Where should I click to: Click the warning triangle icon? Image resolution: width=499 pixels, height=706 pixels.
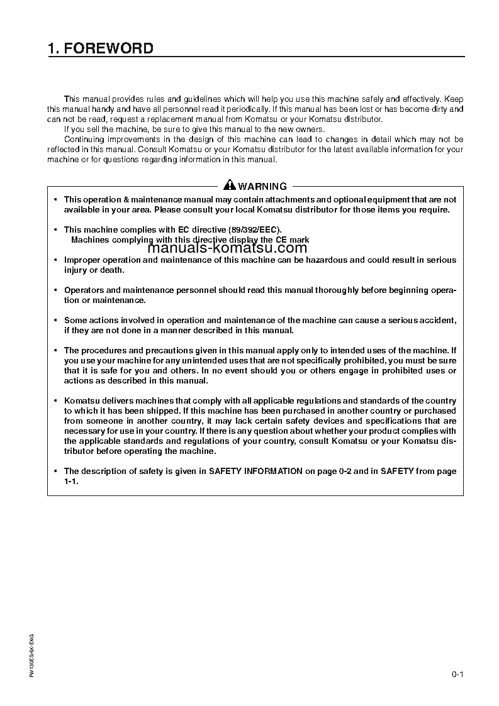230,185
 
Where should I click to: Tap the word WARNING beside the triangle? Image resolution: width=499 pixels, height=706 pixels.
262,186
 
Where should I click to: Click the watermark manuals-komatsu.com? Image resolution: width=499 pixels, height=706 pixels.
227,248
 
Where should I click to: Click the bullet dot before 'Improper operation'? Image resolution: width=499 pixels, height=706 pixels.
55,260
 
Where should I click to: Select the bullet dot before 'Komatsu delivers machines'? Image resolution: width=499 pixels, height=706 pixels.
55,400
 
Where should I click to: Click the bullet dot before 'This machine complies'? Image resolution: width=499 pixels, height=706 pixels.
55,229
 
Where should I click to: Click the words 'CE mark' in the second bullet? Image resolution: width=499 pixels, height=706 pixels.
292,240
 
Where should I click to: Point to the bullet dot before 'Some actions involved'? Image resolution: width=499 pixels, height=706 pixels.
55,320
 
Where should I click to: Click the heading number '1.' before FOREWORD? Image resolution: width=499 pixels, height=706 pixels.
53,48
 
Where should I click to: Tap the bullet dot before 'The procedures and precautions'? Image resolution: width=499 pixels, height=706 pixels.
55,350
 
